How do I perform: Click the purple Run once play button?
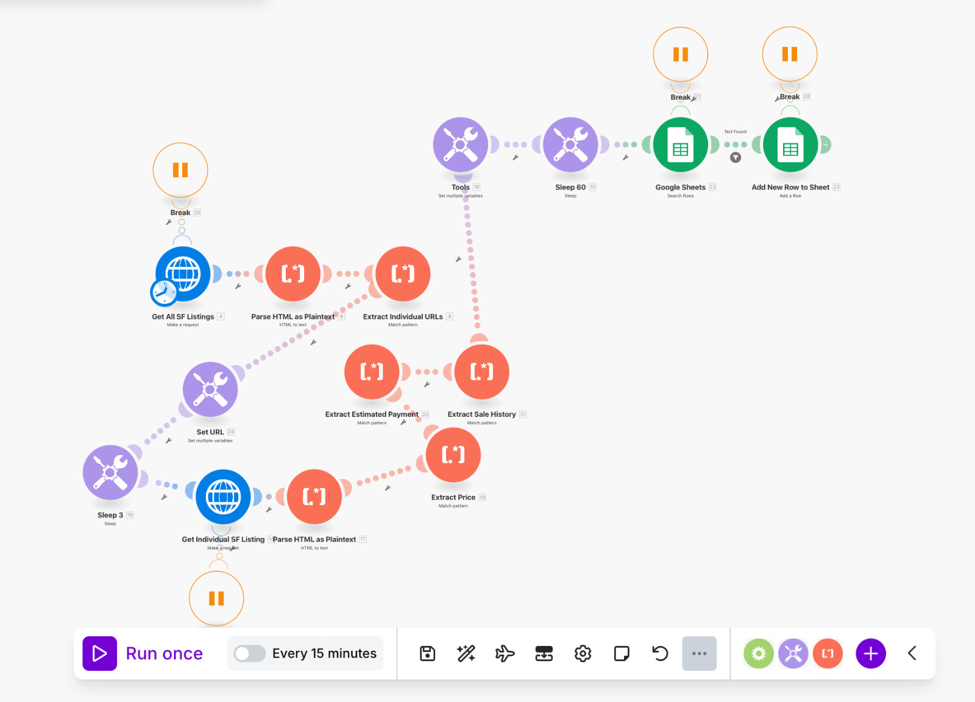(x=100, y=653)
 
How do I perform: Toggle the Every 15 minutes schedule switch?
(x=250, y=653)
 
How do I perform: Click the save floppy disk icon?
(x=428, y=653)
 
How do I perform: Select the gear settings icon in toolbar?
(x=583, y=653)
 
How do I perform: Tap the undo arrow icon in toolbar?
(x=660, y=653)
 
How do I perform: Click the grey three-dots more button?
(x=699, y=653)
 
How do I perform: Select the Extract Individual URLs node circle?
(x=403, y=274)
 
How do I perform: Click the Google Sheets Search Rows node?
(x=680, y=145)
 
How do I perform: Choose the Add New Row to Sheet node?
(x=790, y=145)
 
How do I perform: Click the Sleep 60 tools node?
(x=570, y=145)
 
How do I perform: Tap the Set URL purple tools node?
(x=210, y=389)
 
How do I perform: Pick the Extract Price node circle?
(x=453, y=455)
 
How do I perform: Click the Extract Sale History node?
(x=481, y=372)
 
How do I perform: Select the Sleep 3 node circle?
(x=110, y=472)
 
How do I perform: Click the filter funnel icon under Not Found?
(x=736, y=158)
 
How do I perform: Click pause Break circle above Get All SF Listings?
(x=180, y=170)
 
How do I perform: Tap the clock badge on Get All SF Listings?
(x=163, y=292)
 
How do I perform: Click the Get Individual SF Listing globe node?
(x=223, y=497)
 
